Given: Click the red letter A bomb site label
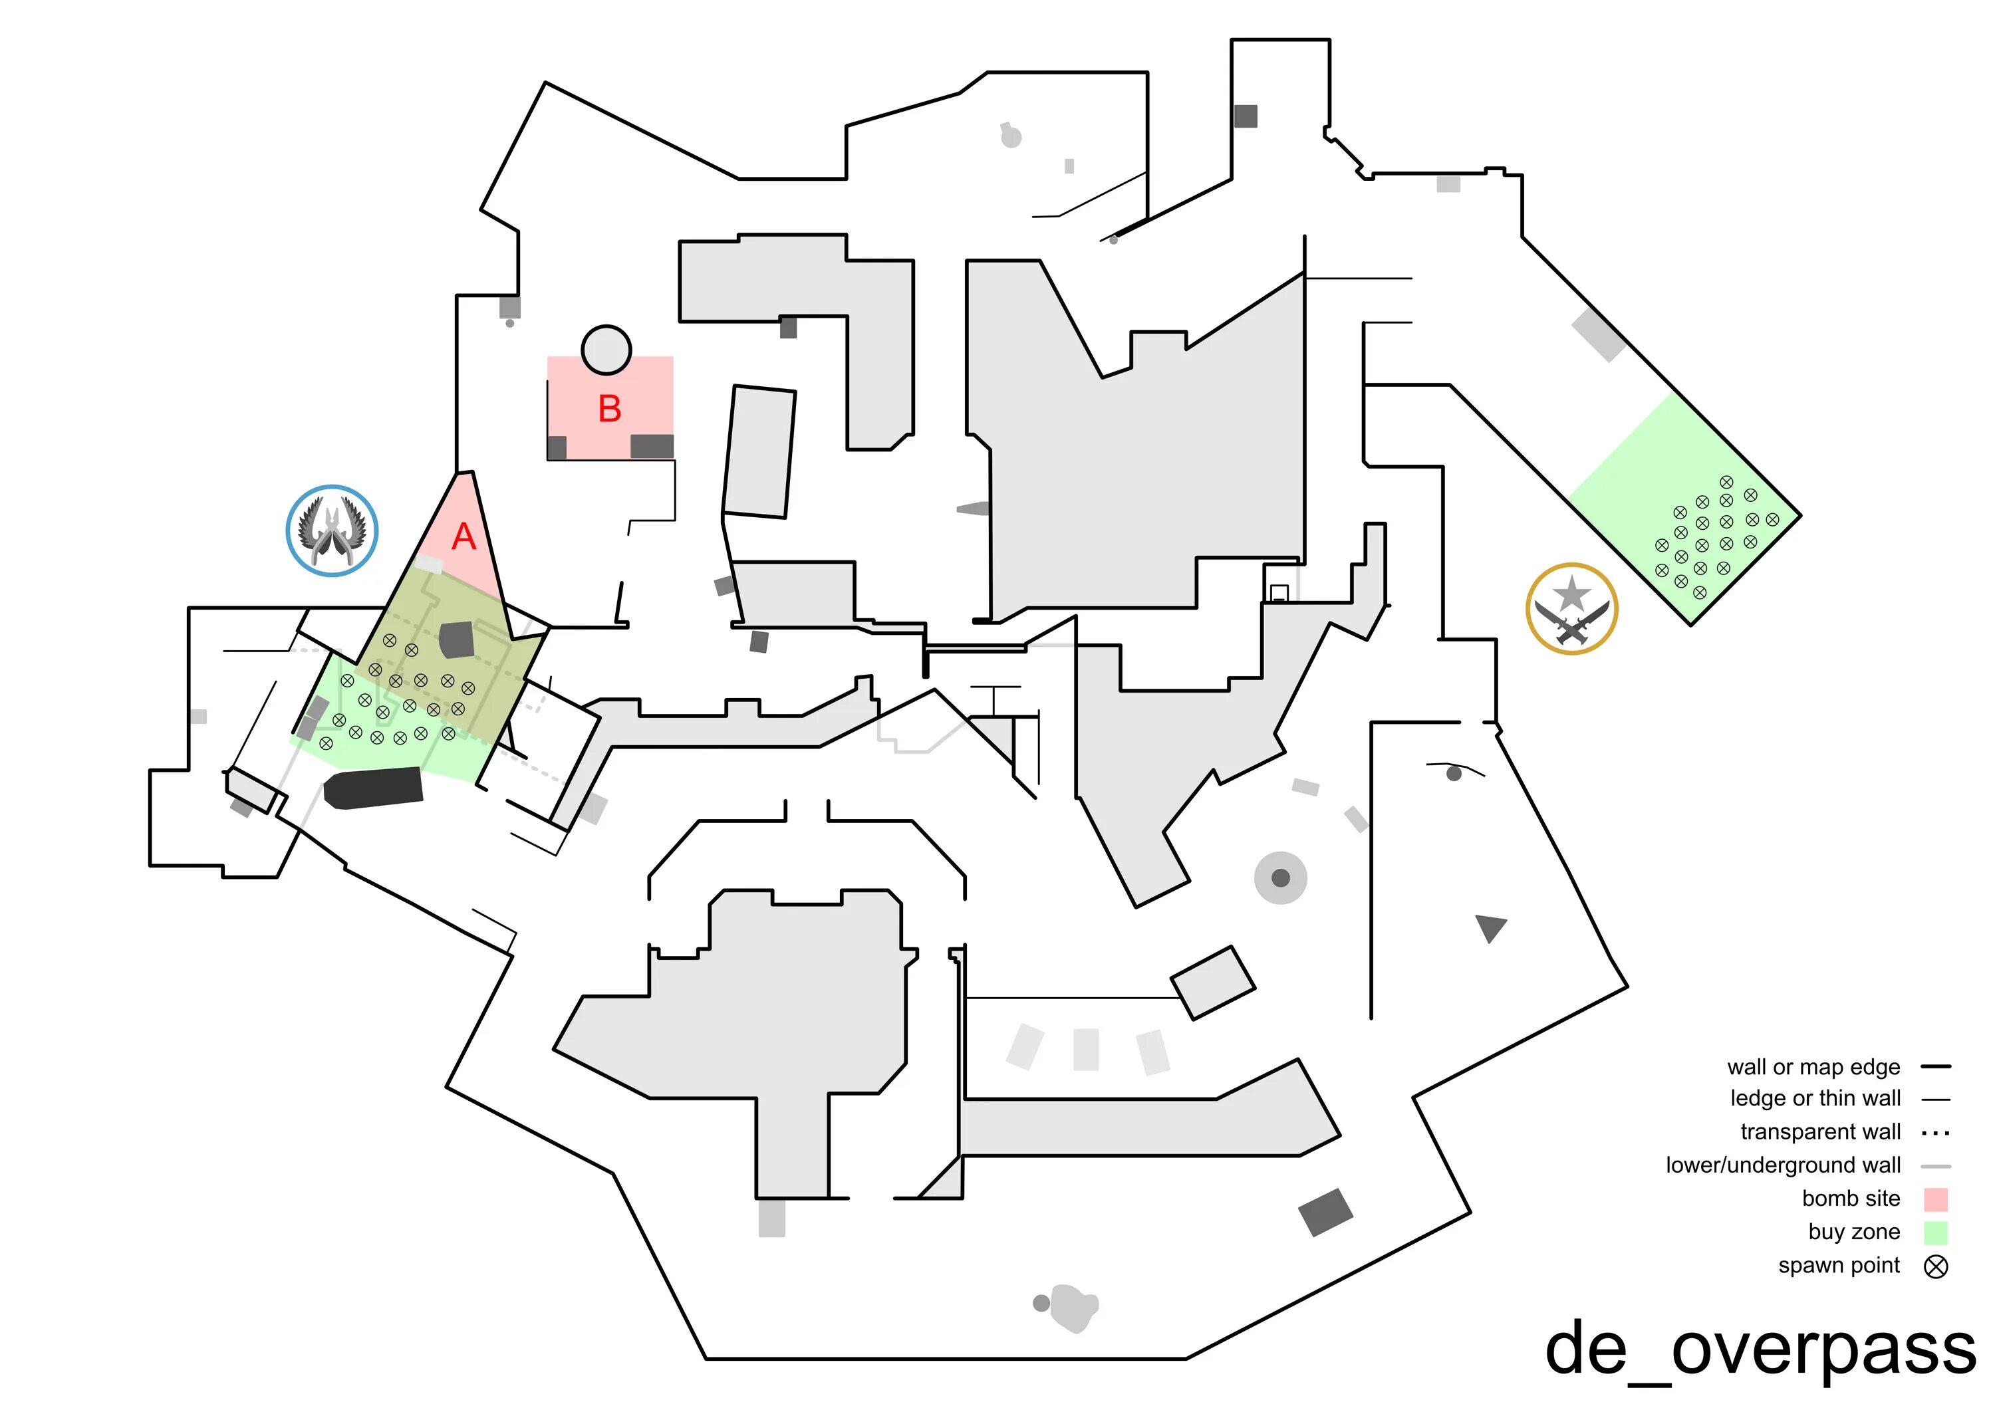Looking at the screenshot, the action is pyautogui.click(x=464, y=537).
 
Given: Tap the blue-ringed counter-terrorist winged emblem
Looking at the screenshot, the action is pyautogui.click(x=332, y=530).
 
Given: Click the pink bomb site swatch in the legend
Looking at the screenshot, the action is pyautogui.click(x=1936, y=1200).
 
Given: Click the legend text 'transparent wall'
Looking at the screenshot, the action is pyautogui.click(x=1820, y=1132).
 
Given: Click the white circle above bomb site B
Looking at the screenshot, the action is pyautogui.click(x=606, y=349).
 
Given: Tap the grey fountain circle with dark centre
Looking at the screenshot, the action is pyautogui.click(x=1280, y=878).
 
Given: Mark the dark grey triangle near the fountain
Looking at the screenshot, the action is pyautogui.click(x=1490, y=927).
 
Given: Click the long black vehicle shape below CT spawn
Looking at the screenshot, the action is pyautogui.click(x=374, y=787).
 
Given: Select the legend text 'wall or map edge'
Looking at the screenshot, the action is pyautogui.click(x=1813, y=1067).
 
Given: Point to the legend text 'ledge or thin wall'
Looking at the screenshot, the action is pyautogui.click(x=1815, y=1099).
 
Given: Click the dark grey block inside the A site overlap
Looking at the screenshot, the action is pyautogui.click(x=457, y=640).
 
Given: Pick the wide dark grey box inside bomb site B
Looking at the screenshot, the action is pyautogui.click(x=652, y=445).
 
